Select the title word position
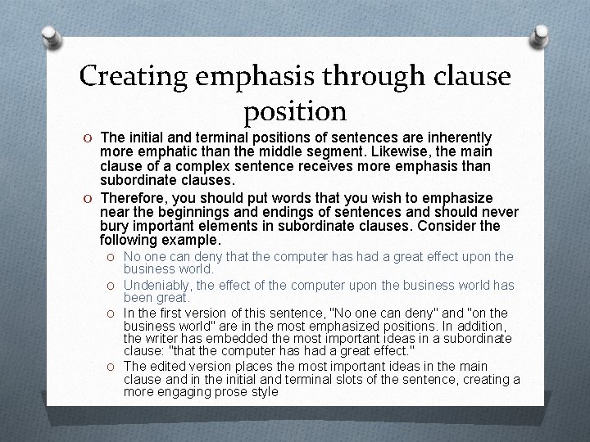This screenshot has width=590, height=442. [x=295, y=110]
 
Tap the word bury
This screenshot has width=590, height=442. [x=113, y=227]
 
